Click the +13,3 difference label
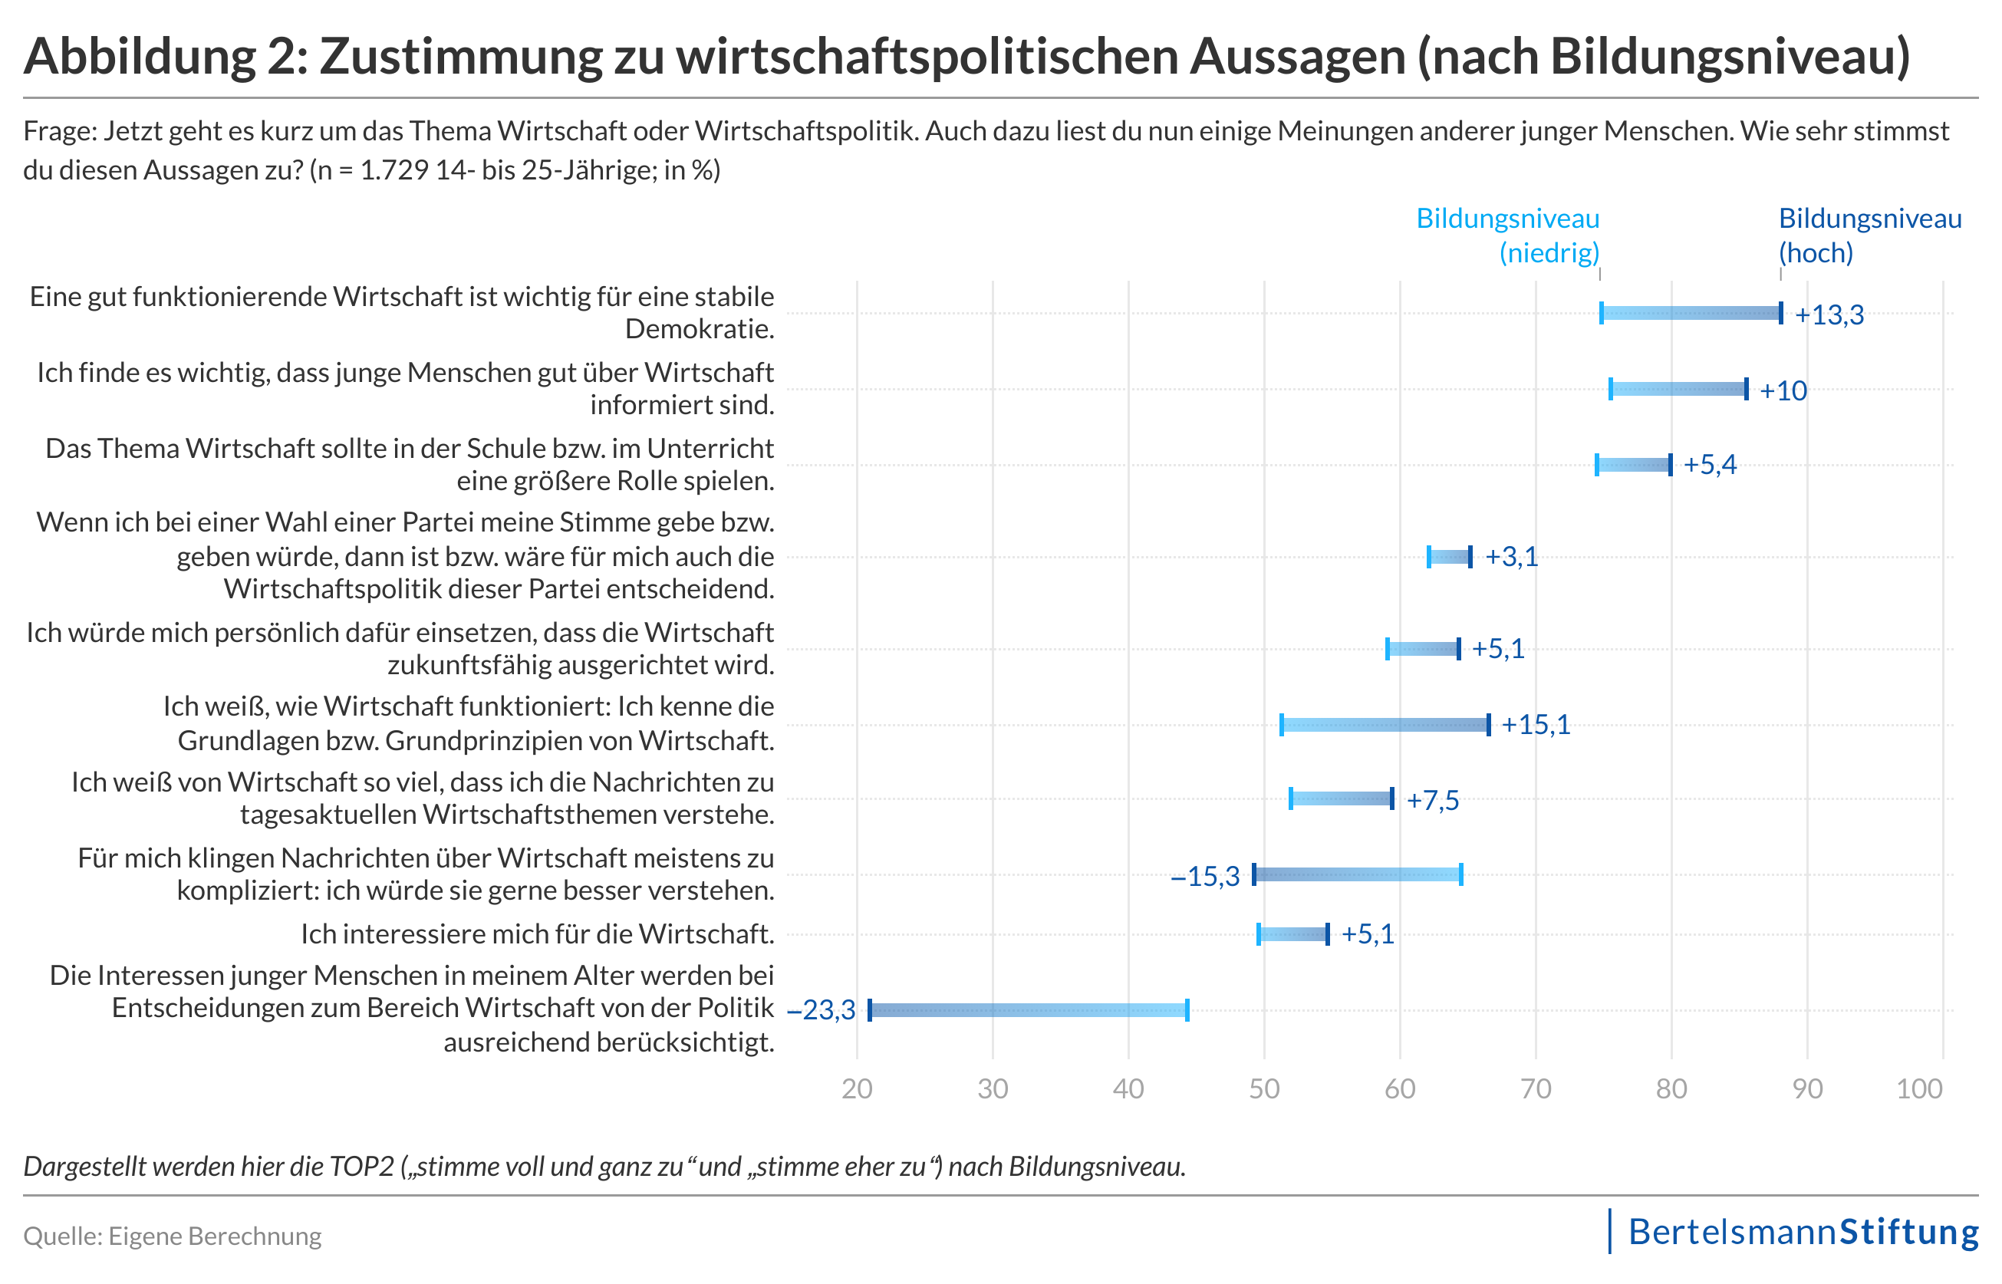[x=1829, y=315]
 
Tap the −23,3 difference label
[x=822, y=1010]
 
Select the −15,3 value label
[x=1205, y=876]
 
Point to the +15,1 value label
[x=1536, y=725]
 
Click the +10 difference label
[x=1783, y=391]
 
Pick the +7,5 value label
[x=1433, y=801]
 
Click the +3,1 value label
[x=1511, y=557]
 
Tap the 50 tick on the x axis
[x=1264, y=1089]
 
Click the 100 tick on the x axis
[x=1919, y=1089]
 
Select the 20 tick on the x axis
[x=857, y=1089]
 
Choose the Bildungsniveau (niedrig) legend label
[x=1507, y=235]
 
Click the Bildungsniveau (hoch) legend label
[x=1869, y=235]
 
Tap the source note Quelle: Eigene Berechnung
[x=173, y=1236]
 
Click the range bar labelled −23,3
[x=1028, y=1010]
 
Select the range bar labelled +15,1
[x=1385, y=726]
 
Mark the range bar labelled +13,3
[x=1691, y=314]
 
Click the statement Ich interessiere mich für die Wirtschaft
[x=537, y=935]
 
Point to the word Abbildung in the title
[x=140, y=57]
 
